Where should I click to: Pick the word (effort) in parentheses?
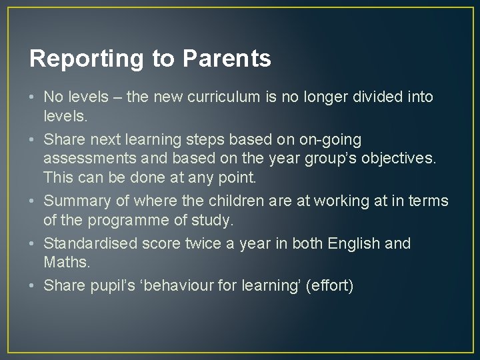(332, 285)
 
